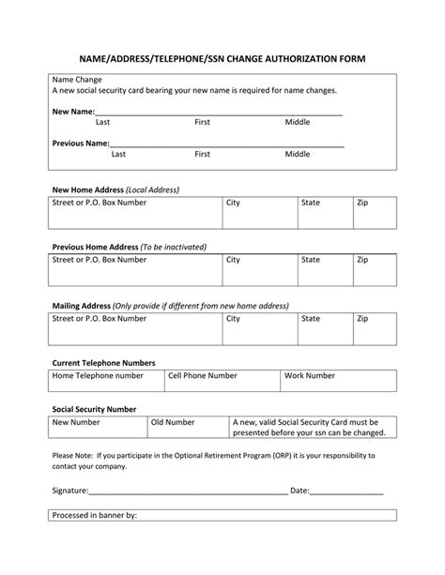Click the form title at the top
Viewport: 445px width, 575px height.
coord(222,58)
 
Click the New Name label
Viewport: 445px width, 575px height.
coord(72,112)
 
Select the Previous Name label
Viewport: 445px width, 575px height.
coord(81,144)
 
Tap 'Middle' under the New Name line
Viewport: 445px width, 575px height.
coord(298,122)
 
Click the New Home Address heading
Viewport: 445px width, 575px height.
coord(115,189)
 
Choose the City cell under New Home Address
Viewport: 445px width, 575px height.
coord(259,209)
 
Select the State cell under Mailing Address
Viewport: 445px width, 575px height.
coord(324,326)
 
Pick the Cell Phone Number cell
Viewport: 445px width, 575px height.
coord(222,380)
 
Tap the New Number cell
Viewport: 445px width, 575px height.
coord(98,428)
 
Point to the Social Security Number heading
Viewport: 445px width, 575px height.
coord(94,409)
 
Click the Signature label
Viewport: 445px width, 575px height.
coord(69,491)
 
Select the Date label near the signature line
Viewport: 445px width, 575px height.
coord(299,491)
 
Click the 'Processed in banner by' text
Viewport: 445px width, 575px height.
coord(95,515)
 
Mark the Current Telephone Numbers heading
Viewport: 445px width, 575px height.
coord(103,362)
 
